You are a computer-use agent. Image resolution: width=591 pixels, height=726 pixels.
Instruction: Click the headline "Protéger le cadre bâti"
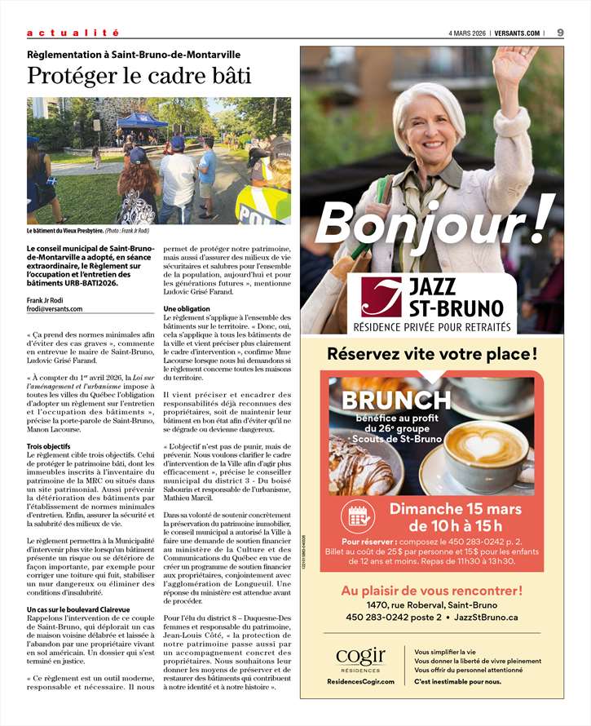(x=139, y=76)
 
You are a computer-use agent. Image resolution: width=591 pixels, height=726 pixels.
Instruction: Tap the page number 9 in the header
(x=561, y=33)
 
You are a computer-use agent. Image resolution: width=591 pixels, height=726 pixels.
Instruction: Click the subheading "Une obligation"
(x=187, y=308)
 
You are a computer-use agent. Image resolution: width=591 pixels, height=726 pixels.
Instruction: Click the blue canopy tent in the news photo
(x=142, y=120)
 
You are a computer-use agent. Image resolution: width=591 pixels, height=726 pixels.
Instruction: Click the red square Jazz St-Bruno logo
(x=382, y=298)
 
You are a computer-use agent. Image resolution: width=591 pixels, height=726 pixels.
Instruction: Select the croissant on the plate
(x=359, y=470)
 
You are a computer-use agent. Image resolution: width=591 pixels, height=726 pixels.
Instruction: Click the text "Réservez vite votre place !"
(x=432, y=354)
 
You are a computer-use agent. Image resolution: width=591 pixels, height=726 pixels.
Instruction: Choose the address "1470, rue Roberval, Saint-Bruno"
(x=432, y=604)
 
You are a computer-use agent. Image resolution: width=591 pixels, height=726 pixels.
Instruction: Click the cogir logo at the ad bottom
(x=360, y=657)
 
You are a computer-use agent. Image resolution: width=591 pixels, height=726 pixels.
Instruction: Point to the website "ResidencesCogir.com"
(x=360, y=681)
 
